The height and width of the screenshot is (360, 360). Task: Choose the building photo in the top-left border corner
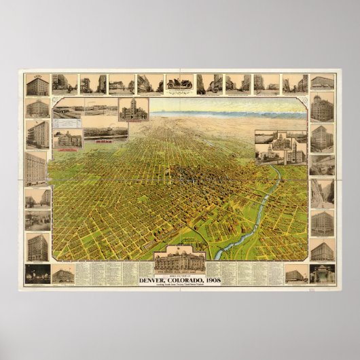(37, 85)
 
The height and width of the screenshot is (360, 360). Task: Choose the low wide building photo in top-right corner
(322, 83)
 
